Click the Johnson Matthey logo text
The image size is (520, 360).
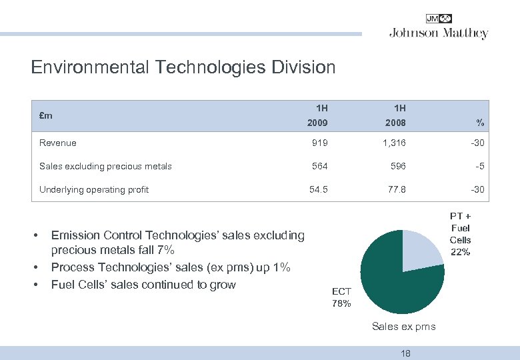tap(439, 33)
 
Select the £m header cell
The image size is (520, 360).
tap(46, 115)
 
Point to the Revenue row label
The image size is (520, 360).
tap(58, 143)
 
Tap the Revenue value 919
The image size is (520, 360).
tap(320, 143)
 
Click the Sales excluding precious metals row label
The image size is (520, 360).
tap(105, 166)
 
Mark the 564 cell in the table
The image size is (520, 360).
tap(320, 166)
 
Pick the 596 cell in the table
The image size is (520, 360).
tap(397, 166)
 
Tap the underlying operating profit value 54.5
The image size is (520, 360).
tap(318, 189)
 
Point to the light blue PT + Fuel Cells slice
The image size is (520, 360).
tap(420, 252)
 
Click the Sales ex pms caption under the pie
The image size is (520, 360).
tap(403, 326)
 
